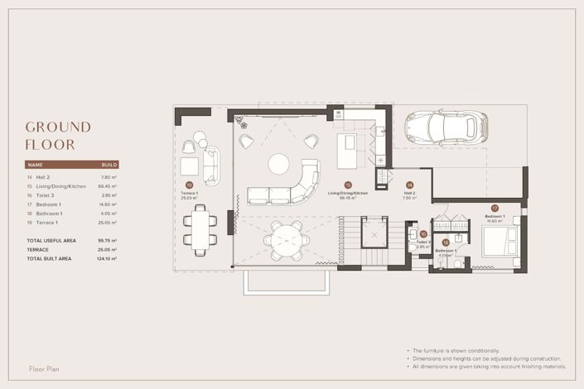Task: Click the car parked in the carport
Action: coord(445,128)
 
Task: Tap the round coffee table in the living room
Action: coord(278,163)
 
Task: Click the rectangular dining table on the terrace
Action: coord(200,228)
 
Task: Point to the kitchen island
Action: coord(347,152)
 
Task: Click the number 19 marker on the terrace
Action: coord(189,185)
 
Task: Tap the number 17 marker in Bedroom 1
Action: coord(494,208)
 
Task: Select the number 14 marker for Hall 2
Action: coord(408,186)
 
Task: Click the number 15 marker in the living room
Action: coord(348,186)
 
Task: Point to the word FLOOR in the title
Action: coord(50,145)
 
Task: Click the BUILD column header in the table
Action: coord(109,165)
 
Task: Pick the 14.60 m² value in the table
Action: coord(109,204)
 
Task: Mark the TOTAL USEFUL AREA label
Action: coord(51,240)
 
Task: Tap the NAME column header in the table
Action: coord(35,165)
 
